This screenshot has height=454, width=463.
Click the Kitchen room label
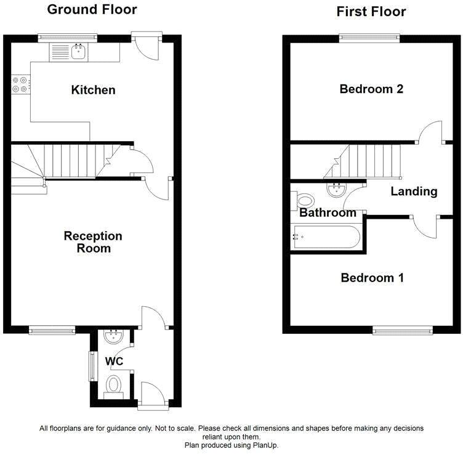tap(93, 90)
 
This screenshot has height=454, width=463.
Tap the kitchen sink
tap(78, 52)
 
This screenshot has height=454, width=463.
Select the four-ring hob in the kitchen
tap(20, 84)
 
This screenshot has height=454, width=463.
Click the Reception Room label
tap(93, 242)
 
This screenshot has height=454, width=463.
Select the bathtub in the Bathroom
tap(326, 237)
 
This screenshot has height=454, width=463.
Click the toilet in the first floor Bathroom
tap(304, 200)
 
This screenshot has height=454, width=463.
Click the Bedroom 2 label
tap(371, 89)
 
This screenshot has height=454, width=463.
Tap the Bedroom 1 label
tap(372, 278)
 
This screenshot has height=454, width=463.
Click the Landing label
tap(414, 192)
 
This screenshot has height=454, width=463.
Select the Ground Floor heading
tap(92, 9)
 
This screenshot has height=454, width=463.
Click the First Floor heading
tap(371, 11)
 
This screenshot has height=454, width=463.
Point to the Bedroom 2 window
tap(370, 38)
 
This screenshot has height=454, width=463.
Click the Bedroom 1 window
tap(403, 331)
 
